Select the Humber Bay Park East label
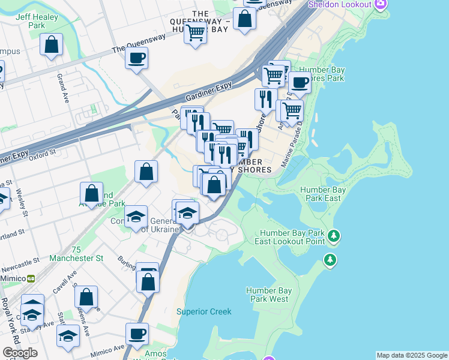(321, 194)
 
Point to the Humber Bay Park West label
(268, 295)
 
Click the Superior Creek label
(203, 311)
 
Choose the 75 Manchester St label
(76, 254)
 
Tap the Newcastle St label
(18, 262)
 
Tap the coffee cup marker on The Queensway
(137, 59)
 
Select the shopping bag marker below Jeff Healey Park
(52, 44)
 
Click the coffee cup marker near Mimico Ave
(137, 333)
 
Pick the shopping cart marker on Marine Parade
(292, 111)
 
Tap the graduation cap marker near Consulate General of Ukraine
(136, 216)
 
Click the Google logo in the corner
(20, 353)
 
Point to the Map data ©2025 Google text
(412, 355)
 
